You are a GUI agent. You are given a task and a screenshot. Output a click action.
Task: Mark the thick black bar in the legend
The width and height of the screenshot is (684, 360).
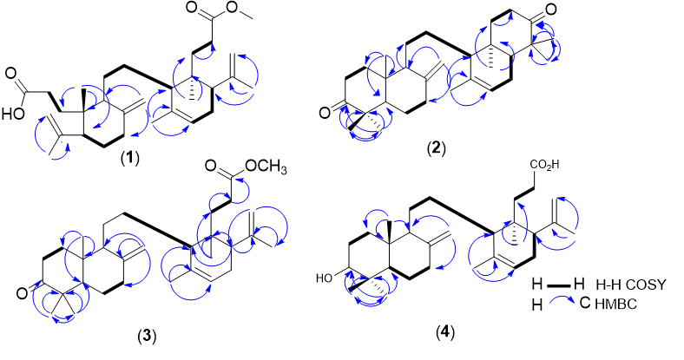coord(563,285)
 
